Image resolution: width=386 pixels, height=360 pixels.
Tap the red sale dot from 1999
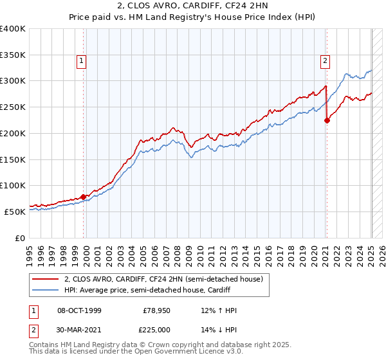[84, 197]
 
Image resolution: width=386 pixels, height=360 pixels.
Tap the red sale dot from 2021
[327, 120]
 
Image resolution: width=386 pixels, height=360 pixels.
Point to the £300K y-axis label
[13, 81]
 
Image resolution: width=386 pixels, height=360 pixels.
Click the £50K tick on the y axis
[15, 212]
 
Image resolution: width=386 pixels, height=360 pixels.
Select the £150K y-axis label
[13, 159]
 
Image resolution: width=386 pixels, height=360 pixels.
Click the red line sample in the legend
[45, 280]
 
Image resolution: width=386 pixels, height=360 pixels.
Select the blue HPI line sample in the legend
[45, 291]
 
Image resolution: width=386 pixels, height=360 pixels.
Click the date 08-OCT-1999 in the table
[79, 310]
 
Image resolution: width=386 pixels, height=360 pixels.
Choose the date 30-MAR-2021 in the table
[79, 330]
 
